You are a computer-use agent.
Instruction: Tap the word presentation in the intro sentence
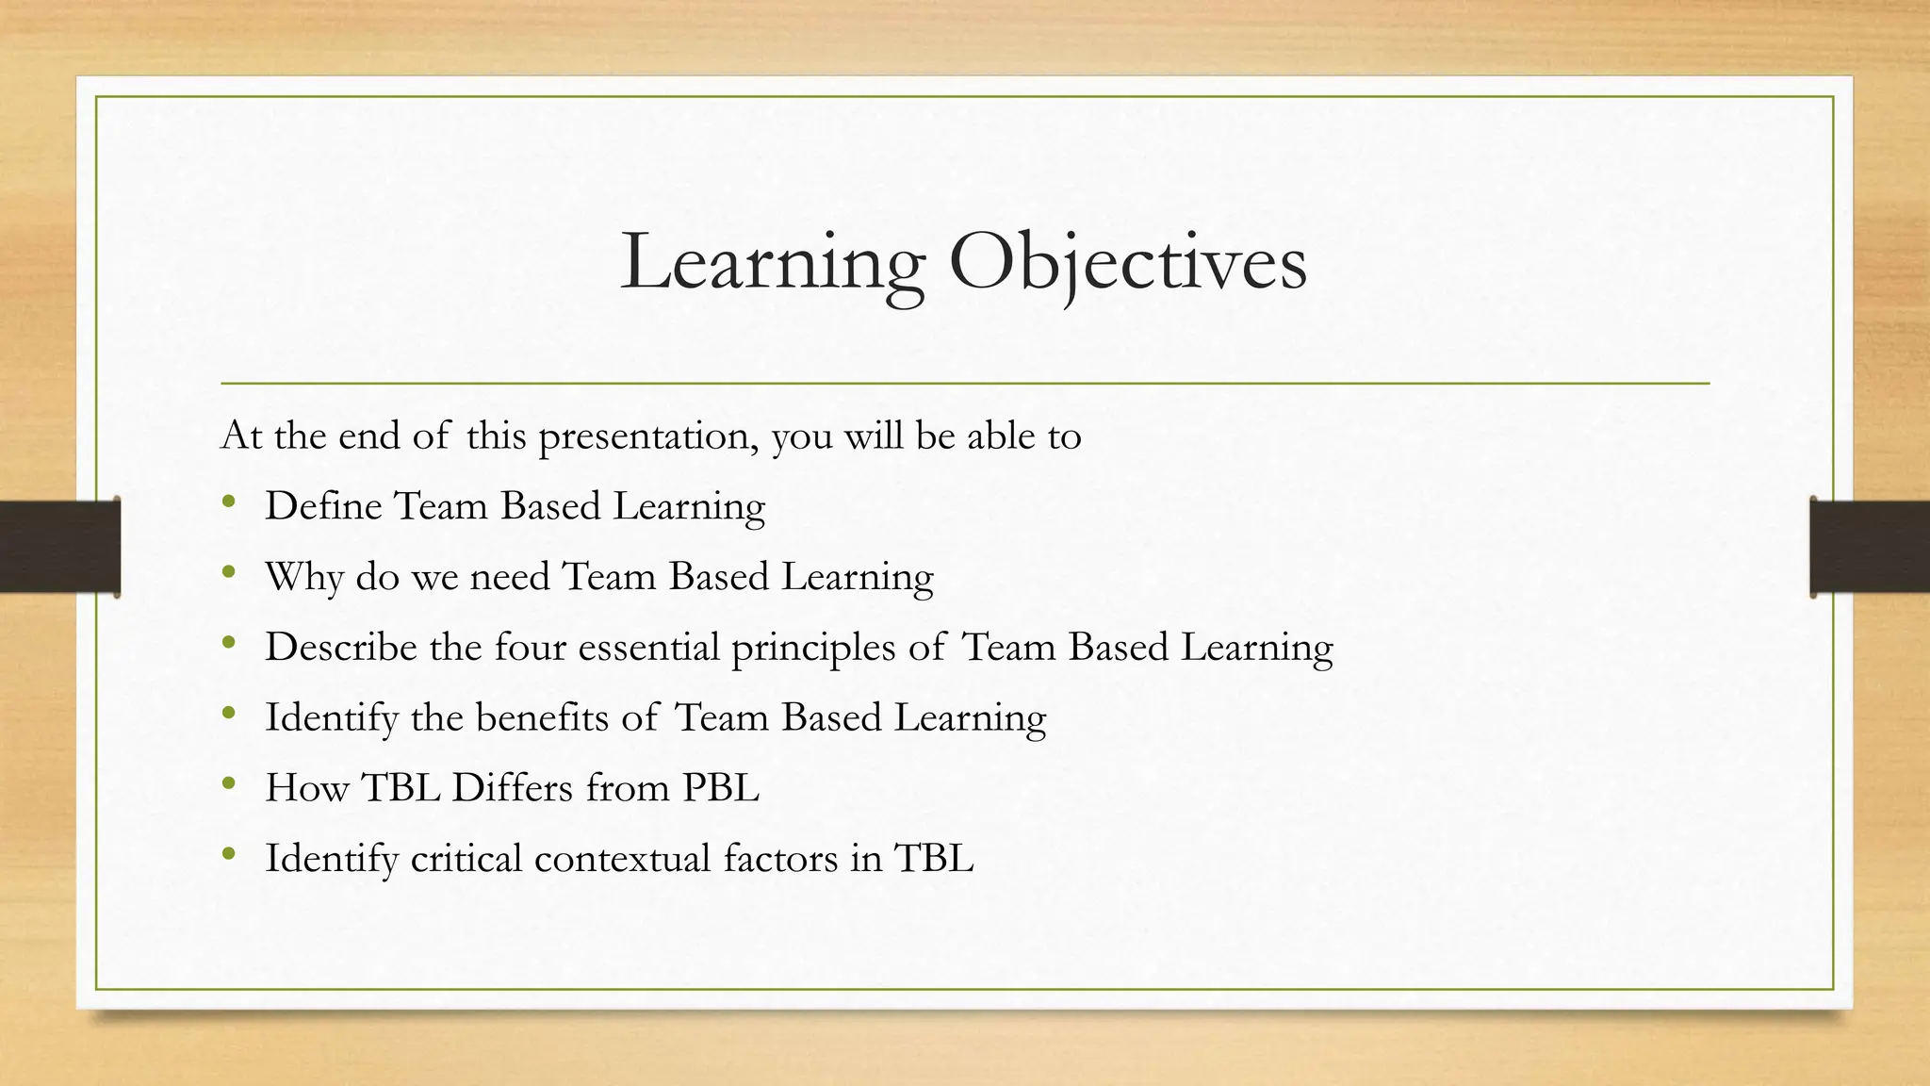coord(647,436)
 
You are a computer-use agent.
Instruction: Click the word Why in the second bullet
coord(303,577)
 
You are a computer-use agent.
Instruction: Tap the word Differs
coord(512,788)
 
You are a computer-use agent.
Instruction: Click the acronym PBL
coord(720,788)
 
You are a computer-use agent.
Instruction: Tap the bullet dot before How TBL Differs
coord(229,783)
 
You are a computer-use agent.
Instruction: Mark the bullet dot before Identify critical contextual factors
coord(229,854)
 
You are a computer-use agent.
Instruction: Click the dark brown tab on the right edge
coord(1870,547)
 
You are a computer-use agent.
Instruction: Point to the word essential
coord(648,648)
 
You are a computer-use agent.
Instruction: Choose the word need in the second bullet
coord(509,577)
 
